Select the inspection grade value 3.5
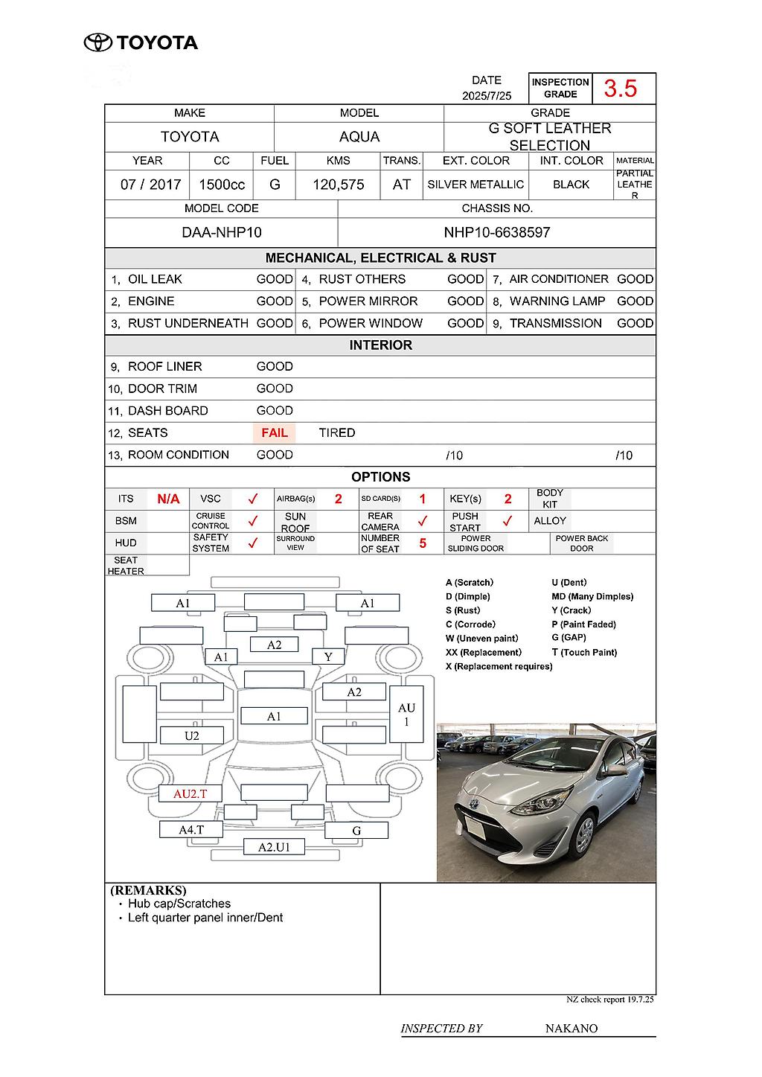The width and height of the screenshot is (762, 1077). point(620,89)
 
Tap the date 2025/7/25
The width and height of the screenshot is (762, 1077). point(487,96)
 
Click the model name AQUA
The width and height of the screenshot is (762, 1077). point(359,137)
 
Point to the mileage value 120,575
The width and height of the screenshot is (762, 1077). point(339,185)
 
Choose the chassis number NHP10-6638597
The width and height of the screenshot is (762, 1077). point(497,232)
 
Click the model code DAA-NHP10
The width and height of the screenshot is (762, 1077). point(222,232)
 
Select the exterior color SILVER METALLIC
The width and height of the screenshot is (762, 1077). point(476,185)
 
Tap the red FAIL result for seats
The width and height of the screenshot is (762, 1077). point(275,433)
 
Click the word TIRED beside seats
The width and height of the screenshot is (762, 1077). point(337,433)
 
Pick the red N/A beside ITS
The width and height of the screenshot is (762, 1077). point(168,499)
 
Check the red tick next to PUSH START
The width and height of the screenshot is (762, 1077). point(508,521)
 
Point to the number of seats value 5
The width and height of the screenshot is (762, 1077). point(423,543)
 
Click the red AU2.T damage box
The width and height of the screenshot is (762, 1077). point(190,793)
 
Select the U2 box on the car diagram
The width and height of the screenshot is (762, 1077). point(191,736)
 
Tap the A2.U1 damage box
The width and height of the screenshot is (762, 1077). point(274,846)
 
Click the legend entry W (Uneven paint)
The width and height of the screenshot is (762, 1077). point(481,639)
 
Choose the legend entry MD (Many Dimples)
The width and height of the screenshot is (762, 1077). point(592,597)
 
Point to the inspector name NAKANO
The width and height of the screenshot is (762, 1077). point(571,1029)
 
